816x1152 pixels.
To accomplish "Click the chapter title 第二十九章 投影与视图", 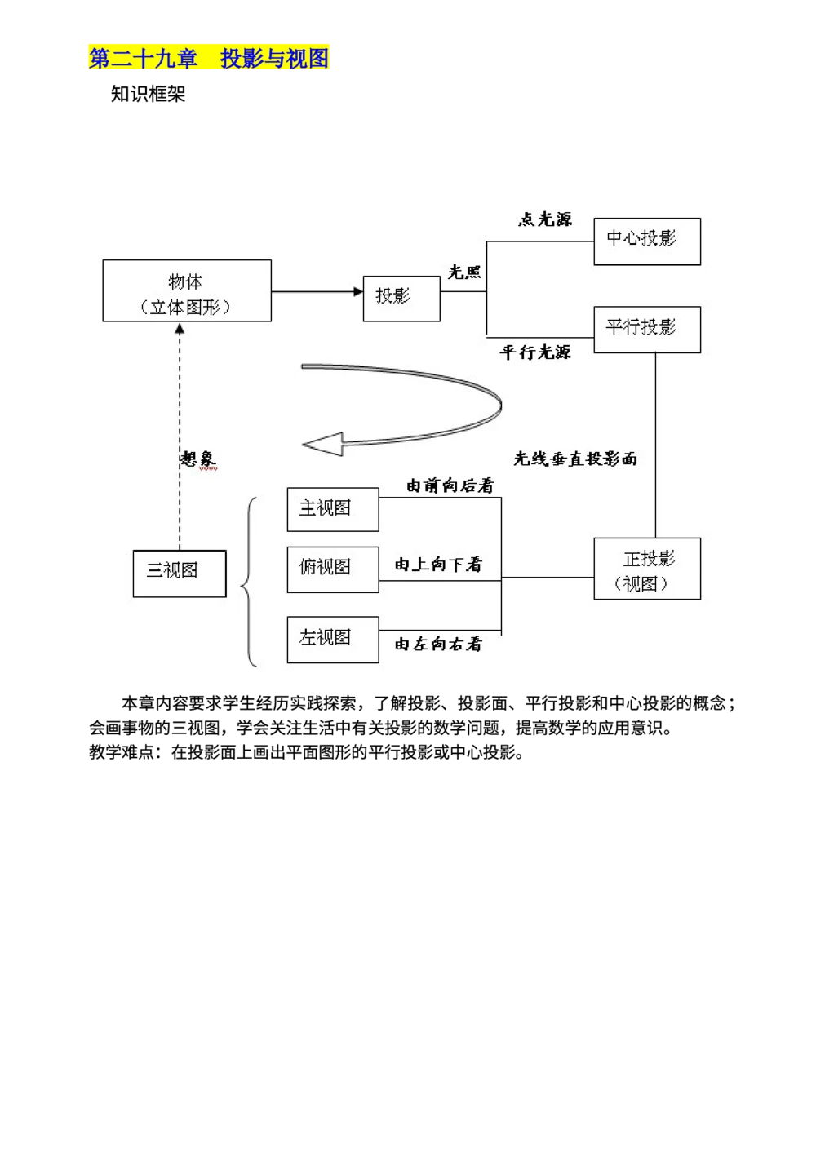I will pyautogui.click(x=209, y=58).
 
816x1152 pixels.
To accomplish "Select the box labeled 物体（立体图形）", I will pyautogui.click(x=186, y=291).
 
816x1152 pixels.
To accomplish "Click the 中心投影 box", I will pyautogui.click(x=646, y=241).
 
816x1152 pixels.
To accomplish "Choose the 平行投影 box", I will pyautogui.click(x=646, y=330).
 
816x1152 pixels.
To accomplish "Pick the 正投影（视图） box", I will pyautogui.click(x=646, y=569).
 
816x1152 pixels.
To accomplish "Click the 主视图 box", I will pyautogui.click(x=332, y=510).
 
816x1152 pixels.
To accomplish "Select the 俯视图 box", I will pyautogui.click(x=332, y=569).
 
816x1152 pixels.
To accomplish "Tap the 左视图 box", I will pyautogui.click(x=332, y=640).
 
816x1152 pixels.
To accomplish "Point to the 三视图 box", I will pyautogui.click(x=179, y=574).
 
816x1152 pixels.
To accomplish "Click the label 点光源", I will pyautogui.click(x=545, y=219).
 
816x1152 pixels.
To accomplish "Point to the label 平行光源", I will pyautogui.click(x=535, y=352).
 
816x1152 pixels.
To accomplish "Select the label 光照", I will pyautogui.click(x=464, y=272).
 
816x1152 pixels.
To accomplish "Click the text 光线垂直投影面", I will pyautogui.click(x=575, y=459).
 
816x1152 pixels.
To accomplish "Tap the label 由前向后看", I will pyautogui.click(x=450, y=486).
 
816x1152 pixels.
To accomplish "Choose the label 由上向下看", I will pyautogui.click(x=438, y=565).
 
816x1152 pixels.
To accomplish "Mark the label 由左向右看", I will pyautogui.click(x=438, y=645).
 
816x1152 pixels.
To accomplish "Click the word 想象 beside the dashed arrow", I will pyautogui.click(x=198, y=459).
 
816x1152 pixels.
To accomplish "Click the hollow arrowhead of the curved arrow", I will pyautogui.click(x=323, y=445).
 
